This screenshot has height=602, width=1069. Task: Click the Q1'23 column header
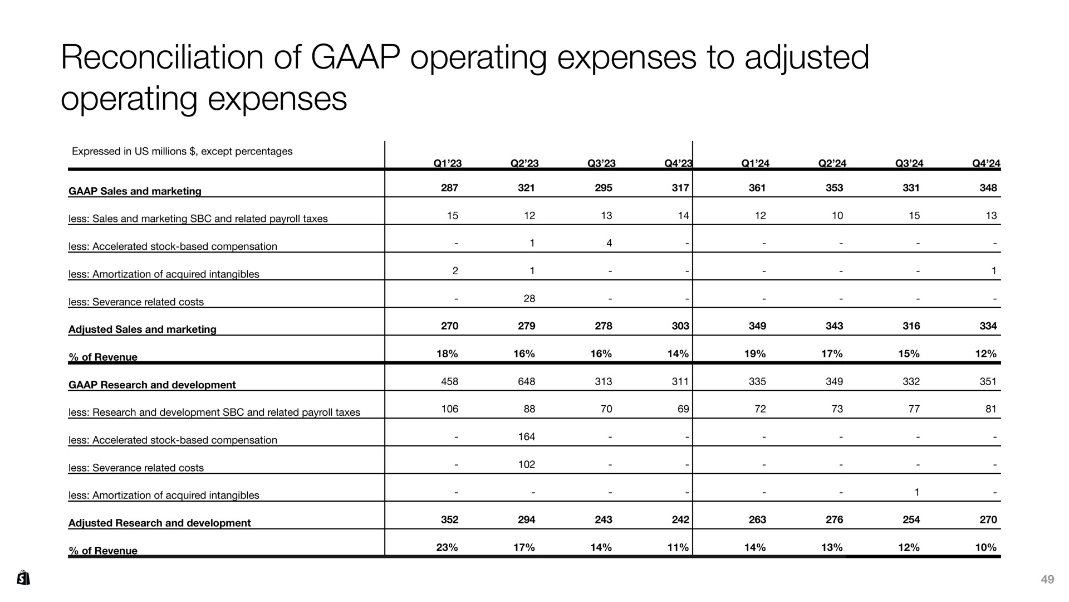point(448,163)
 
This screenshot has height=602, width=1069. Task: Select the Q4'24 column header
point(986,163)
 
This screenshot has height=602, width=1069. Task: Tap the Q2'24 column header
point(832,163)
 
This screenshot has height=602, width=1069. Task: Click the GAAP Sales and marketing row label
point(135,191)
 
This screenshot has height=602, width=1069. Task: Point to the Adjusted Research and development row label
point(159,523)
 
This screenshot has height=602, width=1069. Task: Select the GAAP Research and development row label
point(152,385)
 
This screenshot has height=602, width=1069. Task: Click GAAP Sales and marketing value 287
point(449,188)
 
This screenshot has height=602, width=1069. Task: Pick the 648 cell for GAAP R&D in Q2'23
point(526,381)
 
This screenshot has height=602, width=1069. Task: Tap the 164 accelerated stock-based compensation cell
point(526,436)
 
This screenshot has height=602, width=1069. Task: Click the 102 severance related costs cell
point(526,464)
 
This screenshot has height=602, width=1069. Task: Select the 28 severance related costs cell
point(529,298)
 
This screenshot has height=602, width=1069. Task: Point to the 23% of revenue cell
point(447,547)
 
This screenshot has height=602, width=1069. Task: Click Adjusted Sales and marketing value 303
point(680,326)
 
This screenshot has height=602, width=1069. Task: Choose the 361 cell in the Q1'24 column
point(757,188)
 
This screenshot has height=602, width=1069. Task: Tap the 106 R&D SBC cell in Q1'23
point(449,409)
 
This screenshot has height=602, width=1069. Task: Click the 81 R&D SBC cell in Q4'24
point(991,409)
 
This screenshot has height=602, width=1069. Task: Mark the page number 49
point(1047,580)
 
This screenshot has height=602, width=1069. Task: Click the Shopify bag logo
point(23,577)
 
